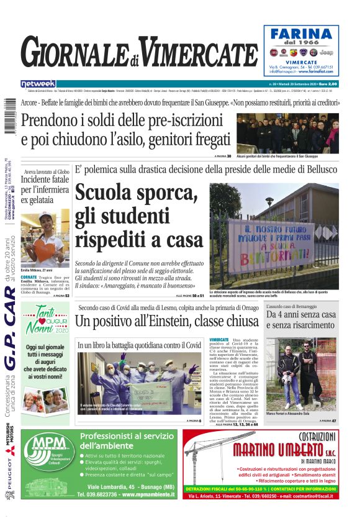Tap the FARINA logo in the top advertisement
pyautogui.click(x=302, y=35)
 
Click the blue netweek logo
pyautogui.click(x=38, y=84)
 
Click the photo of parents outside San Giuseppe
pyautogui.click(x=289, y=132)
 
